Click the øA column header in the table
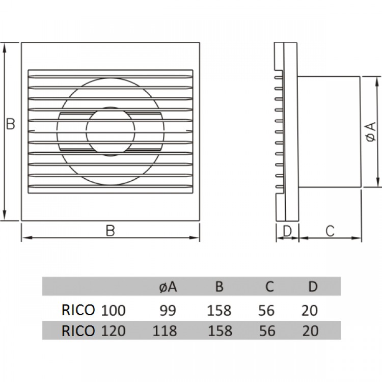pos(165,287)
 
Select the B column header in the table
pos(219,287)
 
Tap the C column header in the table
pos(269,287)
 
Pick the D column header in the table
pos(312,287)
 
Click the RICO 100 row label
pos(93,310)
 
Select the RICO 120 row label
pos(93,331)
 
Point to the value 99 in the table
pos(165,310)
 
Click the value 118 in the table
pos(165,331)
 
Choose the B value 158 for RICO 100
pos(220,310)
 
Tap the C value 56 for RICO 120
pos(266,331)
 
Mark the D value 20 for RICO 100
pos(310,310)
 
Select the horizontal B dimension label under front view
pos(110,231)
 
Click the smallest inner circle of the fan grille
pos(111,131)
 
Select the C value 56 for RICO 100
pos(266,310)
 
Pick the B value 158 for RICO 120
pos(220,331)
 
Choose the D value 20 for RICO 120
pos(310,331)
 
